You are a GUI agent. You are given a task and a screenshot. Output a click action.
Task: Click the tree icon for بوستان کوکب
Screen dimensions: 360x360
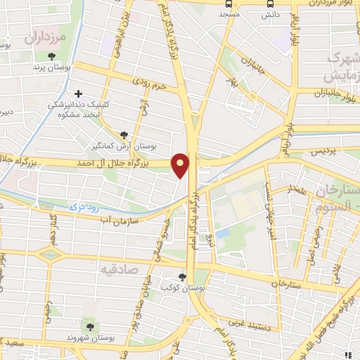pos(183,277)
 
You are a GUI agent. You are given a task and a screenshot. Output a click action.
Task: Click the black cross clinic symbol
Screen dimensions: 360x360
pos(78,93)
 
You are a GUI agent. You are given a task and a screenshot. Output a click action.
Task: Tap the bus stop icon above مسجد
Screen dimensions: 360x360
pos(229,3)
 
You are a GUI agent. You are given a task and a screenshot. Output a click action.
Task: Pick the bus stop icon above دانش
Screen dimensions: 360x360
pos(267,3)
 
